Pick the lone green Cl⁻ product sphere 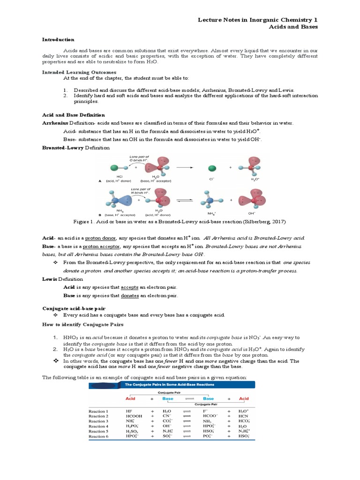point(212,168)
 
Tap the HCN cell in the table point(243,416)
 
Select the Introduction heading point(58,40)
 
